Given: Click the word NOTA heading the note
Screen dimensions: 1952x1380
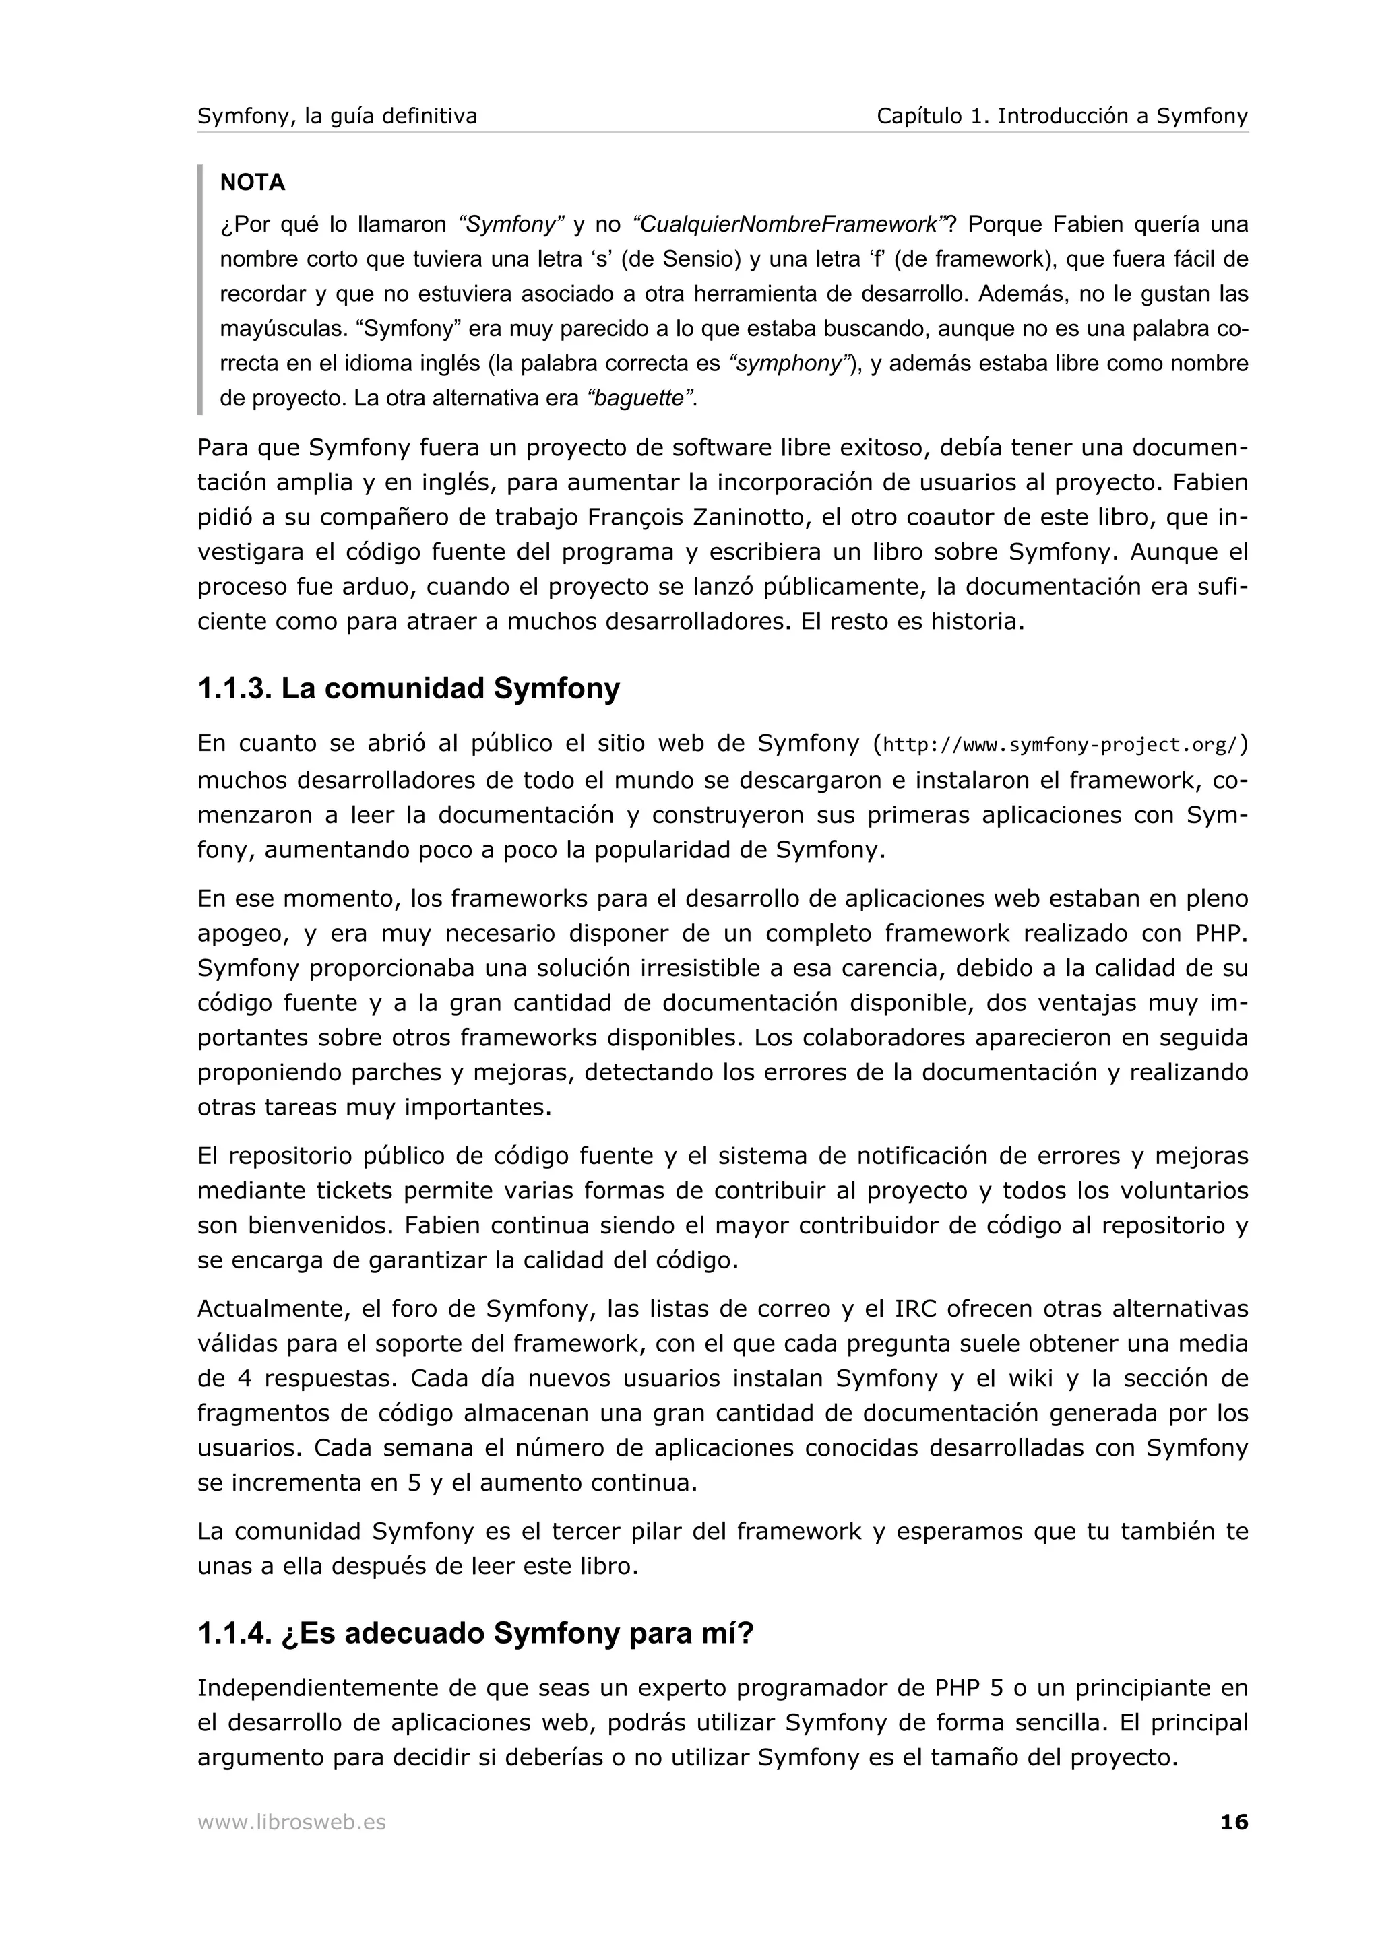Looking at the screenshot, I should coord(253,183).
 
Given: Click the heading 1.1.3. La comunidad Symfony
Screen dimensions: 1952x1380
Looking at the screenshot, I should coord(408,688).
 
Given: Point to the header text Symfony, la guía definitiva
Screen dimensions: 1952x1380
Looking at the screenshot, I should coord(337,117).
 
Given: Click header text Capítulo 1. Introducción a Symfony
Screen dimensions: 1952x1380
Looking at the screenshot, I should coord(1062,117).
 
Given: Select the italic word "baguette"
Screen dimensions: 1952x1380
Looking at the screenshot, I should coord(640,399).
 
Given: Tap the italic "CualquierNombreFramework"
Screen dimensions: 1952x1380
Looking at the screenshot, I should coord(789,224).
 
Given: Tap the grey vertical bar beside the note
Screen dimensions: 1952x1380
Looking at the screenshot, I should coord(201,289).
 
